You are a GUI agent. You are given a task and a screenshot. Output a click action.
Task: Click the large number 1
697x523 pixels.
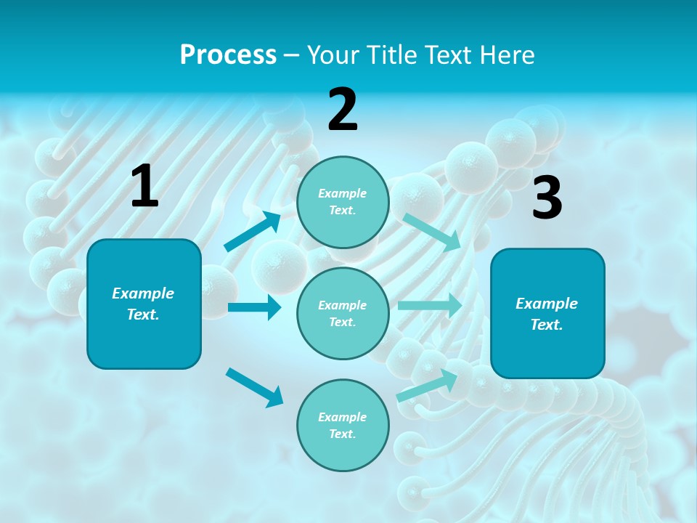pyautogui.click(x=144, y=187)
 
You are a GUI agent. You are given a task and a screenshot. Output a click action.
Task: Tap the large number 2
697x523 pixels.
pyautogui.click(x=343, y=110)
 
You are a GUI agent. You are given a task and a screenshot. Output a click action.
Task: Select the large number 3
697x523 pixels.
pyautogui.click(x=547, y=198)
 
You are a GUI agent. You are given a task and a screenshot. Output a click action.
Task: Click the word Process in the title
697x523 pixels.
pyautogui.click(x=228, y=54)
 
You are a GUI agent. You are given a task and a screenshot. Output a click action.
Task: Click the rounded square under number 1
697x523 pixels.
pyautogui.click(x=144, y=304)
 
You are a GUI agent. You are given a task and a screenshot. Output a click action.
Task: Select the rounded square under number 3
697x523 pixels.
pyautogui.click(x=547, y=313)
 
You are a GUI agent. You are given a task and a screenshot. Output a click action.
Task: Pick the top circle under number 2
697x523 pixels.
pyautogui.click(x=343, y=202)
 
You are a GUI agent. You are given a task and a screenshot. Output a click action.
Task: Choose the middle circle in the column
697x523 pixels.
pyautogui.click(x=343, y=313)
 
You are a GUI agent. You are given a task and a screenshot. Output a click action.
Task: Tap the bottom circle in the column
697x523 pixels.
pyautogui.click(x=343, y=425)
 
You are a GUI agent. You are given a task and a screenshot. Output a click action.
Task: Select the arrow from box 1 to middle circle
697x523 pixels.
pyautogui.click(x=254, y=307)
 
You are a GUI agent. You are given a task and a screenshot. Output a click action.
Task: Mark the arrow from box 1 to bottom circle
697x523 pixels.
pyautogui.click(x=254, y=386)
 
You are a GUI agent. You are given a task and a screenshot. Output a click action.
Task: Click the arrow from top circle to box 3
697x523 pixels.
pyautogui.click(x=431, y=232)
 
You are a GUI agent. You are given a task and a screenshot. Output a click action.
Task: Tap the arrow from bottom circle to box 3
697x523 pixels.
pyautogui.click(x=427, y=384)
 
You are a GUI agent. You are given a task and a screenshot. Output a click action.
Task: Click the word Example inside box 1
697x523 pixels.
pyautogui.click(x=143, y=293)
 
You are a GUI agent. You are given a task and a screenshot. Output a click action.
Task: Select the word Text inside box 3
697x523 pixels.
pyautogui.click(x=547, y=325)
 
